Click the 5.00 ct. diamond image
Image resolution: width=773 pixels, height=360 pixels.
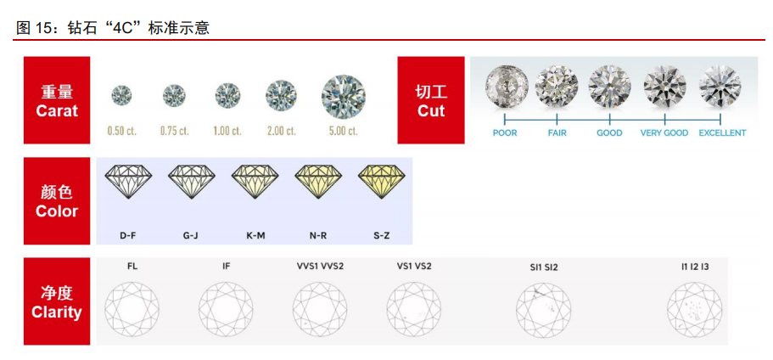(x=344, y=96)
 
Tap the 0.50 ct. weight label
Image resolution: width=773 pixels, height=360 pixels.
(x=122, y=131)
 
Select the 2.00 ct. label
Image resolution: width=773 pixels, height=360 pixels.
(x=281, y=131)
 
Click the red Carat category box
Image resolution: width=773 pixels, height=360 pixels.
(x=57, y=100)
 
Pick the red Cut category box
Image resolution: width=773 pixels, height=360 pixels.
(x=431, y=100)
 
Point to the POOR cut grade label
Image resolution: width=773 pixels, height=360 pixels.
(x=505, y=133)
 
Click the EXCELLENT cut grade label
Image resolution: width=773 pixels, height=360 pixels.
(x=722, y=133)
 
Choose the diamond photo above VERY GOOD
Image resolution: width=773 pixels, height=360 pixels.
(x=664, y=85)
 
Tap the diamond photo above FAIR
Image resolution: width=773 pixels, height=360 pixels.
(x=557, y=85)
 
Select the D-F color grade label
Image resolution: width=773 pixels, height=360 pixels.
(x=128, y=235)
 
